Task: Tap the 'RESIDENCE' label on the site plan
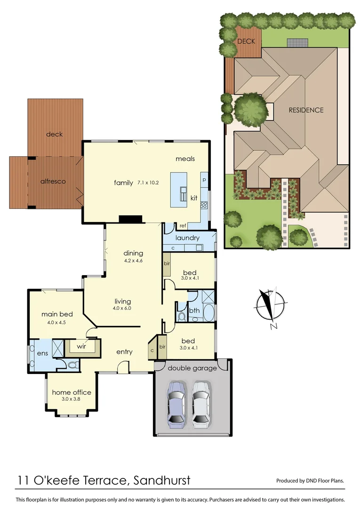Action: click(306, 110)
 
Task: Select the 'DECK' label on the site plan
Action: click(246, 41)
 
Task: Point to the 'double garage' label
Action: click(192, 368)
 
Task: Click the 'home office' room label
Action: click(72, 392)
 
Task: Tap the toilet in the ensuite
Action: click(72, 365)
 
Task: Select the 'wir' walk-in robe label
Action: click(83, 347)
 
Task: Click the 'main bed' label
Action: click(56, 314)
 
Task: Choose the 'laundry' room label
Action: click(187, 238)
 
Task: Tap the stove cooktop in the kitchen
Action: click(204, 205)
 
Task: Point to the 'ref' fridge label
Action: click(183, 226)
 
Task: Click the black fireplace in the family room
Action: click(130, 219)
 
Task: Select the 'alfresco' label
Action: click(52, 181)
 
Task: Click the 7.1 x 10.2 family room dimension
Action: click(149, 183)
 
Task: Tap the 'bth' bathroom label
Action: click(194, 310)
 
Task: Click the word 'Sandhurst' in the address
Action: click(162, 480)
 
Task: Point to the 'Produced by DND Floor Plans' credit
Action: click(310, 481)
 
